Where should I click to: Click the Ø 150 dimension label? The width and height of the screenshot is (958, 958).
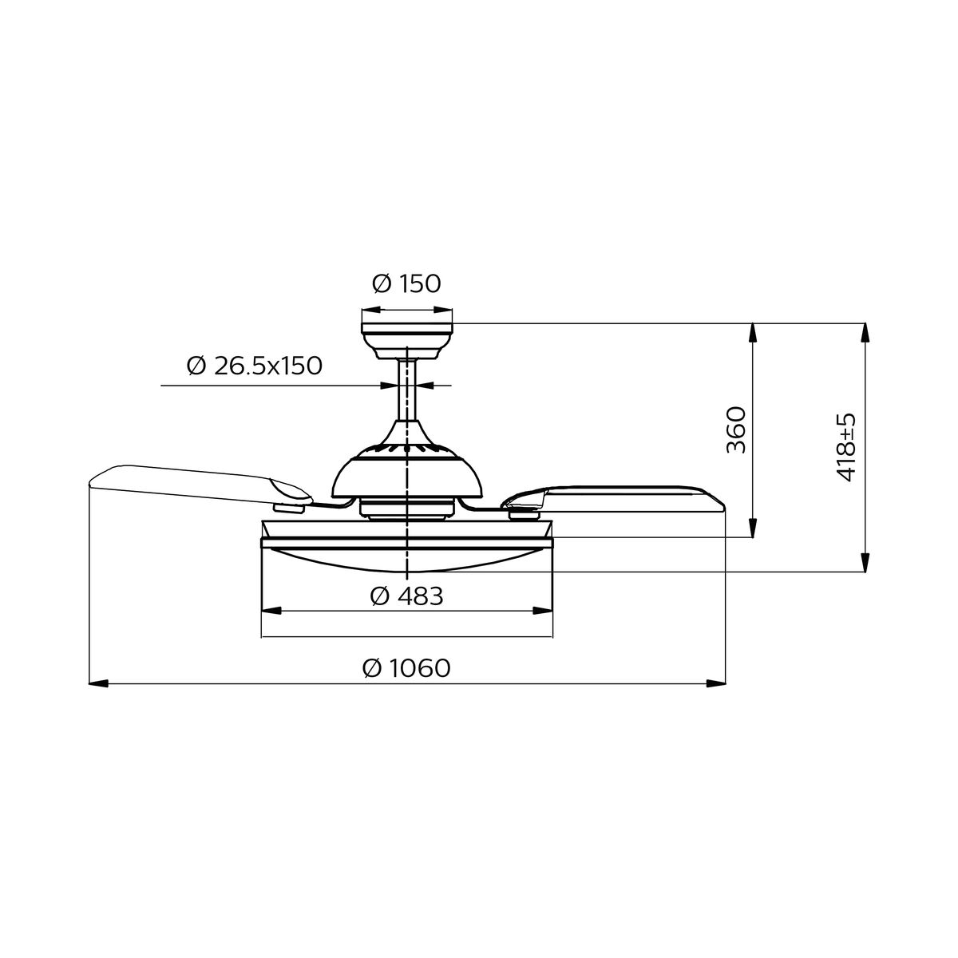tap(406, 283)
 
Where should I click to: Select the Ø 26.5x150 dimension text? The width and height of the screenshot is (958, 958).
tap(254, 366)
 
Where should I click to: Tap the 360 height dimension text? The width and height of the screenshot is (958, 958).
tap(736, 430)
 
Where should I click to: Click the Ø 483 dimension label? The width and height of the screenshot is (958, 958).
tap(406, 596)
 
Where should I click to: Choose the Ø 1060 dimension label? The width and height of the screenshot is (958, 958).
tap(406, 667)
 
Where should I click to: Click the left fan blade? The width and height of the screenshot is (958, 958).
tap(192, 483)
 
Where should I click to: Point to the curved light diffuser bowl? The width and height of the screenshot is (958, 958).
tap(406, 559)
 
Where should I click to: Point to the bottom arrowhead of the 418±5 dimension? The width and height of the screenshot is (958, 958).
tap(863, 563)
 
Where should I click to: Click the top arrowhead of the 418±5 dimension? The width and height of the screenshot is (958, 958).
tap(863, 332)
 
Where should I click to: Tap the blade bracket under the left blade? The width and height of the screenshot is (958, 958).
tap(291, 505)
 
